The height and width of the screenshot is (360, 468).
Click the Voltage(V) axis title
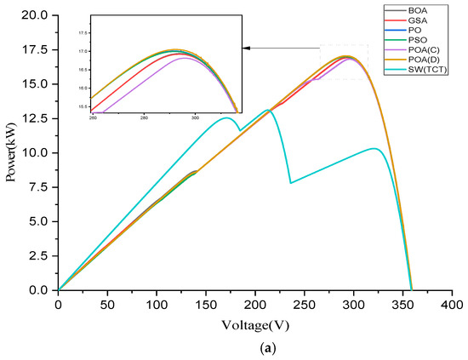pyautogui.click(x=254, y=323)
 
